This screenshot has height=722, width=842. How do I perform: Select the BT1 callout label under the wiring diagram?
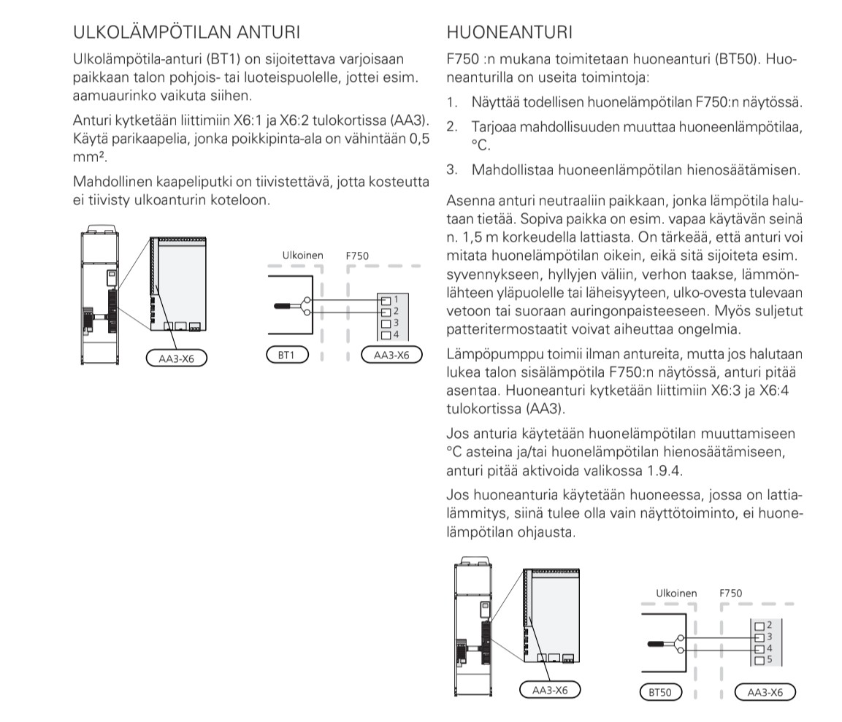288,356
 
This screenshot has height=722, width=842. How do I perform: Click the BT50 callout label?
659,691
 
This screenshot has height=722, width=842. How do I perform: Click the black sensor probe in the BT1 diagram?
286,306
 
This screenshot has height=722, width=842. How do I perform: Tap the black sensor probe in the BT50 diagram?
659,642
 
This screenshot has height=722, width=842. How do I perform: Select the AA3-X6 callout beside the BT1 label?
391,356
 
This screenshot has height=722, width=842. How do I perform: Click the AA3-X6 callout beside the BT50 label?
765,691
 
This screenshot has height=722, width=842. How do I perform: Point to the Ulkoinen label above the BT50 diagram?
676,593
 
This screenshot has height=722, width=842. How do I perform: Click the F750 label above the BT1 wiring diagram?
357,256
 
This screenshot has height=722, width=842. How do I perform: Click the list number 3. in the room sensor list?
452,170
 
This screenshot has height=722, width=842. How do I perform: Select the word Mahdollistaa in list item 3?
511,170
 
